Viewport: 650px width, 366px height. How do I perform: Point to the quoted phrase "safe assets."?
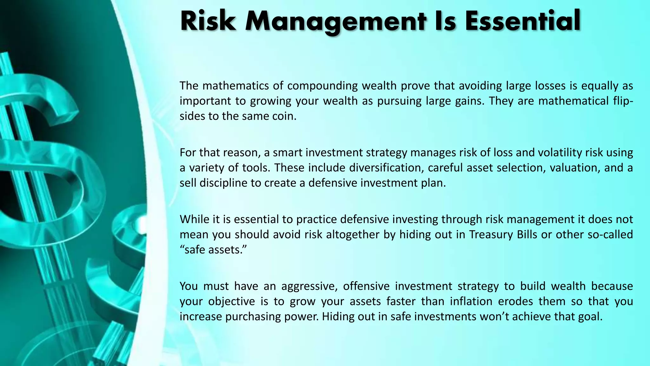[x=213, y=250]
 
